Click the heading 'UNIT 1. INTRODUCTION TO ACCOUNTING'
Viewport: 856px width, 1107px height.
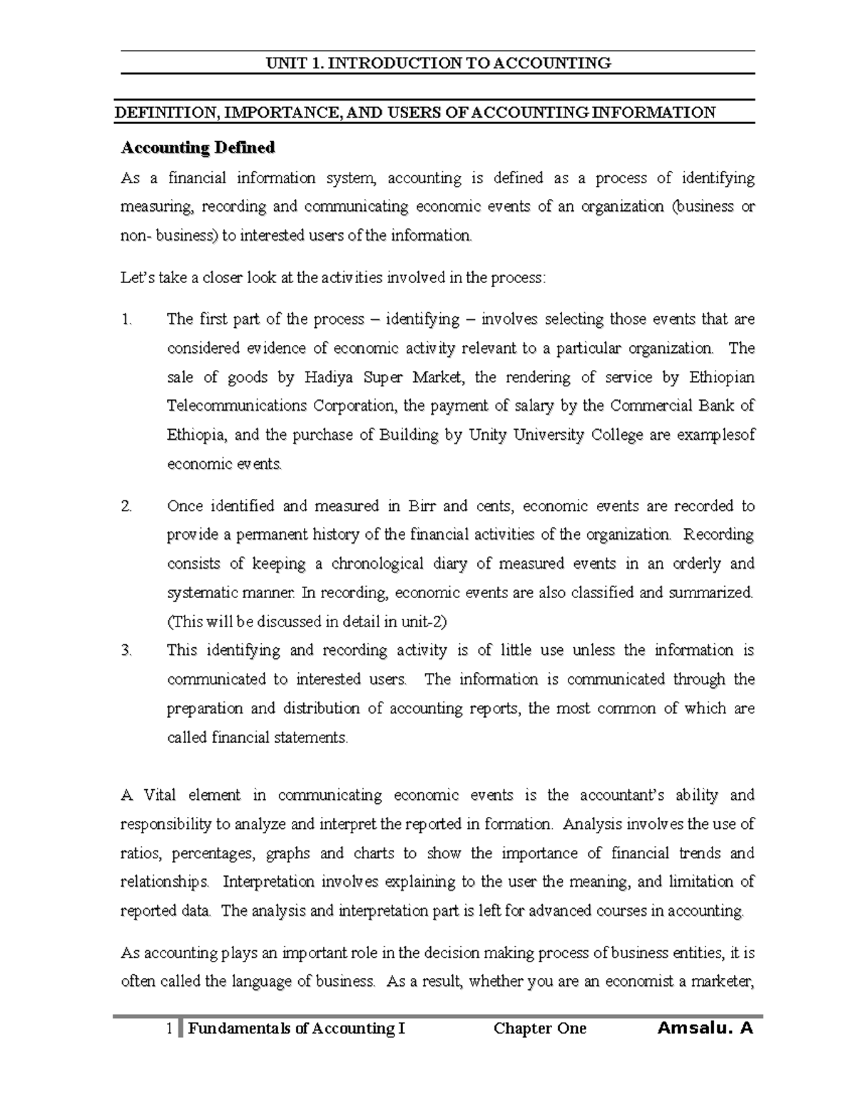point(438,63)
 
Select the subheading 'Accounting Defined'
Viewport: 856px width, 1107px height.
point(198,148)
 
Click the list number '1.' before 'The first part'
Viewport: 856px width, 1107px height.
point(126,319)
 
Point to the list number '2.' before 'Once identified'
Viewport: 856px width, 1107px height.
point(126,506)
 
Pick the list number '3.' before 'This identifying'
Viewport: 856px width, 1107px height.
point(126,650)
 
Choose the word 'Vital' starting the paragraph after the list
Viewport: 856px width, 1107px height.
point(160,795)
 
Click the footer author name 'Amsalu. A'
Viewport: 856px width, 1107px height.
point(705,1028)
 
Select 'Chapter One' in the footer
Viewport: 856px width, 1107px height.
point(539,1028)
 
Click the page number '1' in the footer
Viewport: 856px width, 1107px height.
point(168,1028)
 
